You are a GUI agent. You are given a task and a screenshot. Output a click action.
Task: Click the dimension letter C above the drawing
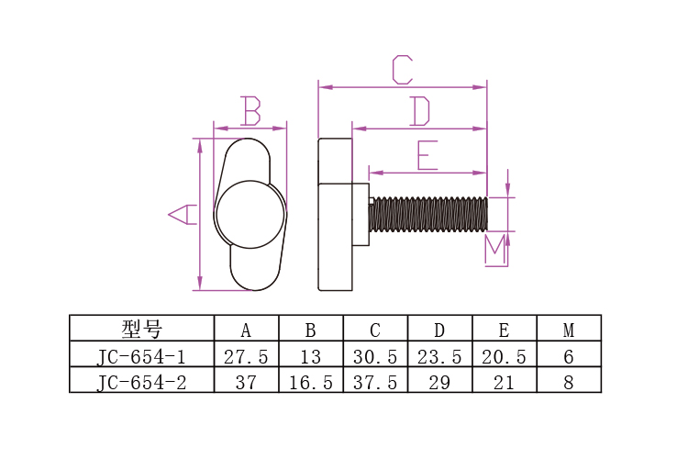tap(403, 70)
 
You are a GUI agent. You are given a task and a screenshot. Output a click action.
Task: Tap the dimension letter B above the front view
tap(251, 111)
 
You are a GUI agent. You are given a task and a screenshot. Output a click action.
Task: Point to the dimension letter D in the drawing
tap(419, 111)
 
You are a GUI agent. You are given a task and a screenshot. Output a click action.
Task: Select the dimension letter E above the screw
tap(427, 155)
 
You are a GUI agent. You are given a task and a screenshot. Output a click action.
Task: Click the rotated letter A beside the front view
tap(183, 214)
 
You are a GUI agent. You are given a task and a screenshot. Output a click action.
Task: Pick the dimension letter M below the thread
tap(495, 250)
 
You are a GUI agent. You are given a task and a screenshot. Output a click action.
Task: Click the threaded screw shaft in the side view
tap(428, 214)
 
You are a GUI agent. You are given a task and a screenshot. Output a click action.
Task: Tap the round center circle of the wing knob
tap(250, 214)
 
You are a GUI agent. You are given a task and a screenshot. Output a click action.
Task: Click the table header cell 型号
tap(141, 329)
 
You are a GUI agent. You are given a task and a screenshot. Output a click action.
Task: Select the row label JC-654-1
tap(141, 356)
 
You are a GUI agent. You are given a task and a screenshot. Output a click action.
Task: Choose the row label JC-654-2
tap(141, 382)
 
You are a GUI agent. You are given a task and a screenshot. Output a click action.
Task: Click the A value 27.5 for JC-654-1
tap(246, 357)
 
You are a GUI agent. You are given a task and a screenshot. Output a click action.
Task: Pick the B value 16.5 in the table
tap(311, 383)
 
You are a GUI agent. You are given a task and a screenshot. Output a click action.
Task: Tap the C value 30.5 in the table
tap(375, 357)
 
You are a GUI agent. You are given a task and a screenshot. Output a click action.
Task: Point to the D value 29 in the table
tap(439, 383)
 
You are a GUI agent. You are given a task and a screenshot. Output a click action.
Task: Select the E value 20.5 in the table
tap(504, 357)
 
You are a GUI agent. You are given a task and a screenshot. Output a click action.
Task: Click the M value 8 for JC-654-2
tap(568, 383)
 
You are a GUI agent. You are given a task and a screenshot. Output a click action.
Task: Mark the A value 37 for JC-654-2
tap(246, 383)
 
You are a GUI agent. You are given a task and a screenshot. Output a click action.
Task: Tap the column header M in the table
tap(569, 330)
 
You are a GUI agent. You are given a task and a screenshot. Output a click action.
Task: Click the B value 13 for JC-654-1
tap(311, 357)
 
